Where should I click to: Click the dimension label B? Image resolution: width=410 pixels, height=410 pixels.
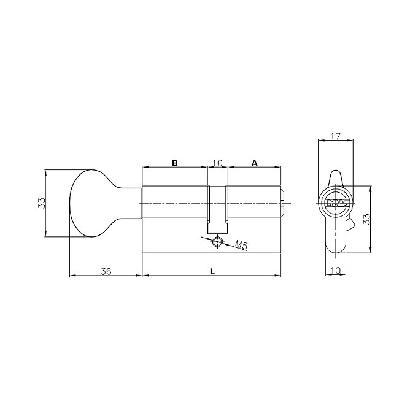point(174,163)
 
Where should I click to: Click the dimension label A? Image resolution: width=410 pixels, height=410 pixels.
point(254,163)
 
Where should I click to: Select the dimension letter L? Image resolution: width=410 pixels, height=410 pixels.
point(212,271)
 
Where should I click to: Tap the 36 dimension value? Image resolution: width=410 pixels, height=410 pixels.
point(106,271)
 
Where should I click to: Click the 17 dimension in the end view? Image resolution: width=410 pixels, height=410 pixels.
point(336,136)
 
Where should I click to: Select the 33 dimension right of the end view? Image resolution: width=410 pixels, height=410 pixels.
point(366,220)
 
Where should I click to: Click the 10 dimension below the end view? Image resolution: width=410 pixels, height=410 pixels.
point(335,271)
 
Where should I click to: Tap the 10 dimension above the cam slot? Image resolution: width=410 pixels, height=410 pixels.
point(217,163)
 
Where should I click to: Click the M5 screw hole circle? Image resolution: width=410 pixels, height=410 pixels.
point(217,242)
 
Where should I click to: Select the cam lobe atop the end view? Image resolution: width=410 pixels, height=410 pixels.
point(336,177)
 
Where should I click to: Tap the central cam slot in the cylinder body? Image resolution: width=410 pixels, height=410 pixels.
point(217,209)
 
